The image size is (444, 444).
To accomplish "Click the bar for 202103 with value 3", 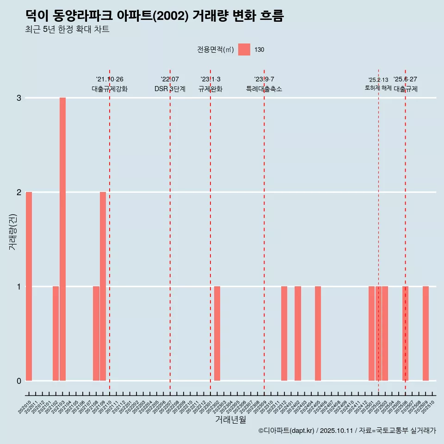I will (x=62, y=239).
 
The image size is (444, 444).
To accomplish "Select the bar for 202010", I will (x=29, y=286).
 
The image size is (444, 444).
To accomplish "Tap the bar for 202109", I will (x=103, y=286).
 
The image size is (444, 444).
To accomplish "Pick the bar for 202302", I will (x=217, y=333).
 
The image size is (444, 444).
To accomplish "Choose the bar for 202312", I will (x=284, y=333).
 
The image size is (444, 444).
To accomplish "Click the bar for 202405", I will (x=318, y=333).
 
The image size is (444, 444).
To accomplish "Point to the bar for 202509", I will (x=425, y=333).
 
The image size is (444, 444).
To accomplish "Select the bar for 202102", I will (x=55, y=333).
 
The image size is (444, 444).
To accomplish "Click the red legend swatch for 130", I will (x=244, y=49).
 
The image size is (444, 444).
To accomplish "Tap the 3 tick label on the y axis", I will (x=19, y=98).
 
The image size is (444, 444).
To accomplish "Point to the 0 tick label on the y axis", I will (x=19, y=381).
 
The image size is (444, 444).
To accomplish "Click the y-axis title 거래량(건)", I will (x=13, y=231).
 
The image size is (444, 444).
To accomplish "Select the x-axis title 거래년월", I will (x=230, y=419).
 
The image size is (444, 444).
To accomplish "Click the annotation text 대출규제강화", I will (x=110, y=89).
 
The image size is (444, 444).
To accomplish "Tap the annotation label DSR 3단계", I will (x=170, y=89).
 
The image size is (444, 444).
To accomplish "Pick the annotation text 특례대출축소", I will (x=264, y=89).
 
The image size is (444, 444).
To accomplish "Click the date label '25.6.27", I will (x=405, y=79).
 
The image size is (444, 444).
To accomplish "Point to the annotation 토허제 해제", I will (x=378, y=88).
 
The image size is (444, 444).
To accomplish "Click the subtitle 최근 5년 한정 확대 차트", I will (x=67, y=30).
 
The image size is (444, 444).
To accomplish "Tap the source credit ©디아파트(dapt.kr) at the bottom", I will (x=287, y=431).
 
